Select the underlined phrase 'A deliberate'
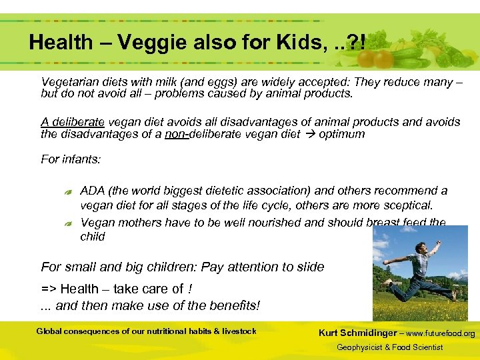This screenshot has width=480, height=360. [x=73, y=122]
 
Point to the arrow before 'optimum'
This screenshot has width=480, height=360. [x=308, y=134]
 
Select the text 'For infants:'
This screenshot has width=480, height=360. [x=71, y=159]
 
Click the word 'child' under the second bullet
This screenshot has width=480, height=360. [x=93, y=237]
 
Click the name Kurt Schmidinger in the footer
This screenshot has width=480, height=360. [x=359, y=333]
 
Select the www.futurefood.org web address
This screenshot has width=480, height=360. [x=441, y=333]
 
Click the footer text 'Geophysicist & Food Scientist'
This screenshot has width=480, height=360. [x=389, y=347]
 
